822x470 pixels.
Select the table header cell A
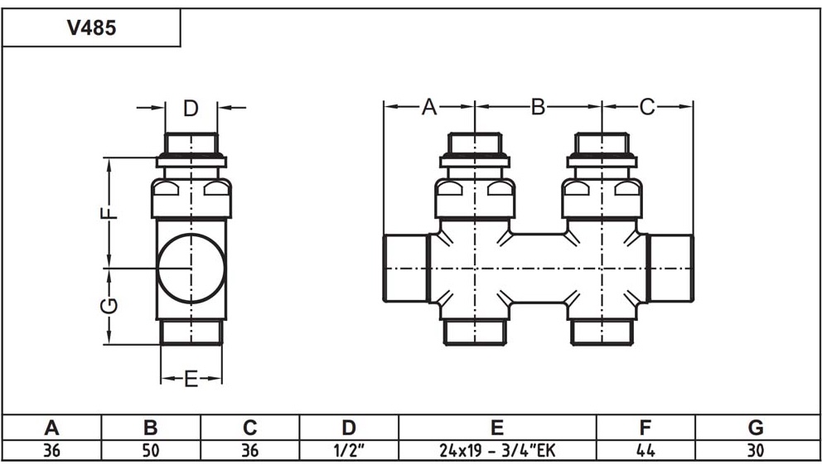point(51,428)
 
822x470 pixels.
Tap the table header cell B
point(151,428)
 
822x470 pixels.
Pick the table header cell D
point(349,428)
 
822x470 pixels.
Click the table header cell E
point(497,428)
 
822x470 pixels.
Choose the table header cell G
point(755,428)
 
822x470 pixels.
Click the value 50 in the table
point(151,451)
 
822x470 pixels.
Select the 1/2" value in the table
point(349,451)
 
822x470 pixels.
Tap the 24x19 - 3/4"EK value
point(497,451)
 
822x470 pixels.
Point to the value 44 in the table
point(646,451)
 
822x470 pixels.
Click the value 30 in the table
point(755,451)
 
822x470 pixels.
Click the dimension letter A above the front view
point(428,107)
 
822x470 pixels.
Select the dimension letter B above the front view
point(538,107)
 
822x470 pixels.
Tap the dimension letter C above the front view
point(647,107)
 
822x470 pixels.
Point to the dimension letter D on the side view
point(191,108)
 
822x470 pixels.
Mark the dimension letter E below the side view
point(191,380)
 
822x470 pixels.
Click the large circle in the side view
point(191,269)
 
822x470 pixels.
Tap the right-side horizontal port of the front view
point(670,269)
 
